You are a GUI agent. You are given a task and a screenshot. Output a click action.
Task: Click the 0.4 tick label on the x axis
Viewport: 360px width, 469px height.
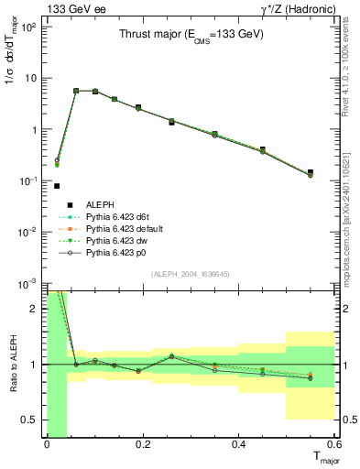(238, 445)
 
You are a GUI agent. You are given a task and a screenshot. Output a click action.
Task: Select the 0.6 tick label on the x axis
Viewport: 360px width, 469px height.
(334, 445)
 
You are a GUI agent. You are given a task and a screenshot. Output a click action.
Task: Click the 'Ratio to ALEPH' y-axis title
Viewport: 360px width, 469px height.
(11, 365)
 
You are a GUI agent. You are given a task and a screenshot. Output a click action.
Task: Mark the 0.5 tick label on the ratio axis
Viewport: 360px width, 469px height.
(31, 420)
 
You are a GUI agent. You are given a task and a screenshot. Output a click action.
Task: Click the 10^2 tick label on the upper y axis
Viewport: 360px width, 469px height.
(29, 26)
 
